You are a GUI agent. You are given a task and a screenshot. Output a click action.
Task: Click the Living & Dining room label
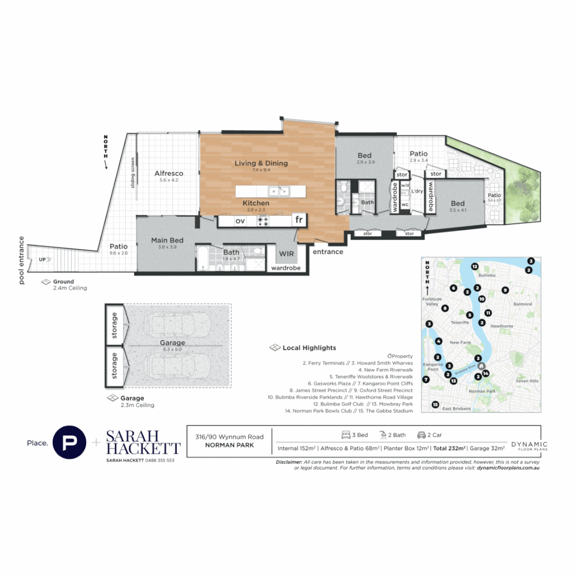(x=261, y=163)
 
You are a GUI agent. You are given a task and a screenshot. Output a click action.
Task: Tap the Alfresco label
(x=169, y=174)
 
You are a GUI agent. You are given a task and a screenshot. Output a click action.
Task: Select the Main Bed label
(x=167, y=240)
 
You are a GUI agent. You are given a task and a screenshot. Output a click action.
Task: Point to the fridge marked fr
(x=299, y=220)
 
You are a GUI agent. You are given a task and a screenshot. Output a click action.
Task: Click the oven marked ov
(x=240, y=220)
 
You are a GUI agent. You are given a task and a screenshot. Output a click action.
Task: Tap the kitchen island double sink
(x=278, y=190)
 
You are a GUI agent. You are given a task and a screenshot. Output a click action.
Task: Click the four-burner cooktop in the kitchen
(x=263, y=220)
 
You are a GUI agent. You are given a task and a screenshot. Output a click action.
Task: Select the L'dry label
(x=417, y=191)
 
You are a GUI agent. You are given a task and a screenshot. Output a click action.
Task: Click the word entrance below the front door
(x=327, y=252)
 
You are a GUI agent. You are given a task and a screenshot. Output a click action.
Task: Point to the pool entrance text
(x=22, y=260)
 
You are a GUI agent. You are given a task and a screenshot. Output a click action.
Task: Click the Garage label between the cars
(x=172, y=343)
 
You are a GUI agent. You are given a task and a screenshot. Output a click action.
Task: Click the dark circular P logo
(x=69, y=442)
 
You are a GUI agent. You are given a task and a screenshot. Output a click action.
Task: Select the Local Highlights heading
(x=309, y=348)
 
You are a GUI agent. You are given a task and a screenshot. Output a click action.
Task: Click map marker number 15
(x=435, y=405)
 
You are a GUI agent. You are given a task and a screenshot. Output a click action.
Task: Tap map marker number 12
(x=474, y=266)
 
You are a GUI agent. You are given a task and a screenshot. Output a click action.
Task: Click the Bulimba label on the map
(x=487, y=275)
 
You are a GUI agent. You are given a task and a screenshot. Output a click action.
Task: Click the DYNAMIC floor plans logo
(x=529, y=446)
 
